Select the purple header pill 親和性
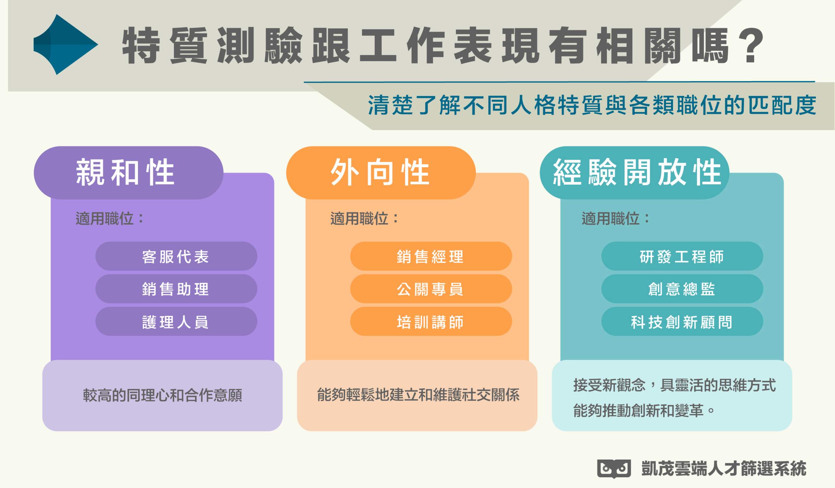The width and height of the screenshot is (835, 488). pyautogui.click(x=129, y=173)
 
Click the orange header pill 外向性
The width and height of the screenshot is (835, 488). pyautogui.click(x=381, y=173)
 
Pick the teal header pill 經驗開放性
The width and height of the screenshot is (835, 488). pyautogui.click(x=634, y=173)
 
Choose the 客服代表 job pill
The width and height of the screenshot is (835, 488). pyautogui.click(x=176, y=256)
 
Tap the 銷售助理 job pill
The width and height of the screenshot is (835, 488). pyautogui.click(x=176, y=289)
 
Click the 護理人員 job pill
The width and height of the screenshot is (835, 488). pyautogui.click(x=176, y=321)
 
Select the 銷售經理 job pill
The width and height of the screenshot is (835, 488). pyautogui.click(x=431, y=256)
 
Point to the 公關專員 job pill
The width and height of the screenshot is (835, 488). pyautogui.click(x=431, y=289)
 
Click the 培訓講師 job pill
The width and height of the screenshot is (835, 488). pyautogui.click(x=431, y=321)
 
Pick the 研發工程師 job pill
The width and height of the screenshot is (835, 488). pyautogui.click(x=682, y=256)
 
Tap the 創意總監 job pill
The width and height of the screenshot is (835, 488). pyautogui.click(x=682, y=289)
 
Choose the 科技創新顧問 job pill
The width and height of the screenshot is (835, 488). pyautogui.click(x=682, y=321)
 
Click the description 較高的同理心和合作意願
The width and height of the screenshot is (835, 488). pyautogui.click(x=162, y=395)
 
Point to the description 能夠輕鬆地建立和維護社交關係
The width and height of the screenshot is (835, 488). pyautogui.click(x=418, y=395)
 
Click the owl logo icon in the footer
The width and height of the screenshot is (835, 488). pyautogui.click(x=614, y=469)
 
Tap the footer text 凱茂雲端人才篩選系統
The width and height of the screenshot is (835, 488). pyautogui.click(x=724, y=468)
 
